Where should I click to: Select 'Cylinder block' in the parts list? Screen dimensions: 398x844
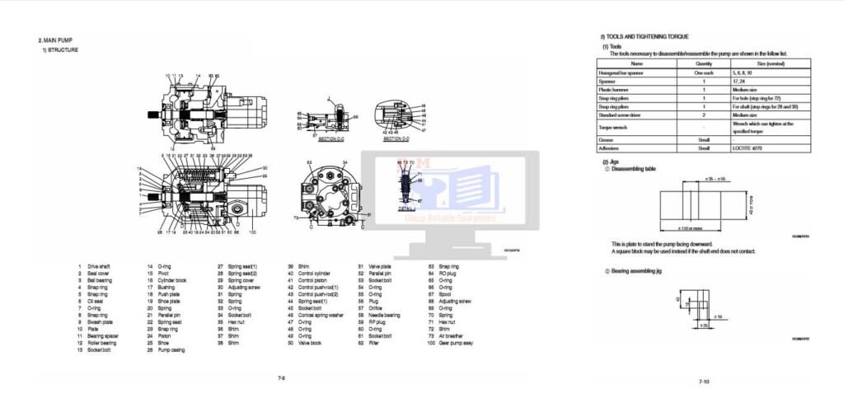(x=170, y=280)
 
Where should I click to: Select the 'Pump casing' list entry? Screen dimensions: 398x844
(x=171, y=349)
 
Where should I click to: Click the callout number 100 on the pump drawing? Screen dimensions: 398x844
(x=251, y=233)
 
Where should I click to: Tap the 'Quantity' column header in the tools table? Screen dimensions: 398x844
(x=704, y=63)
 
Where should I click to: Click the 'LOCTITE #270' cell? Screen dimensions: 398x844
(x=748, y=148)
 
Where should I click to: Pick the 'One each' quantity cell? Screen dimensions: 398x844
(x=704, y=73)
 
